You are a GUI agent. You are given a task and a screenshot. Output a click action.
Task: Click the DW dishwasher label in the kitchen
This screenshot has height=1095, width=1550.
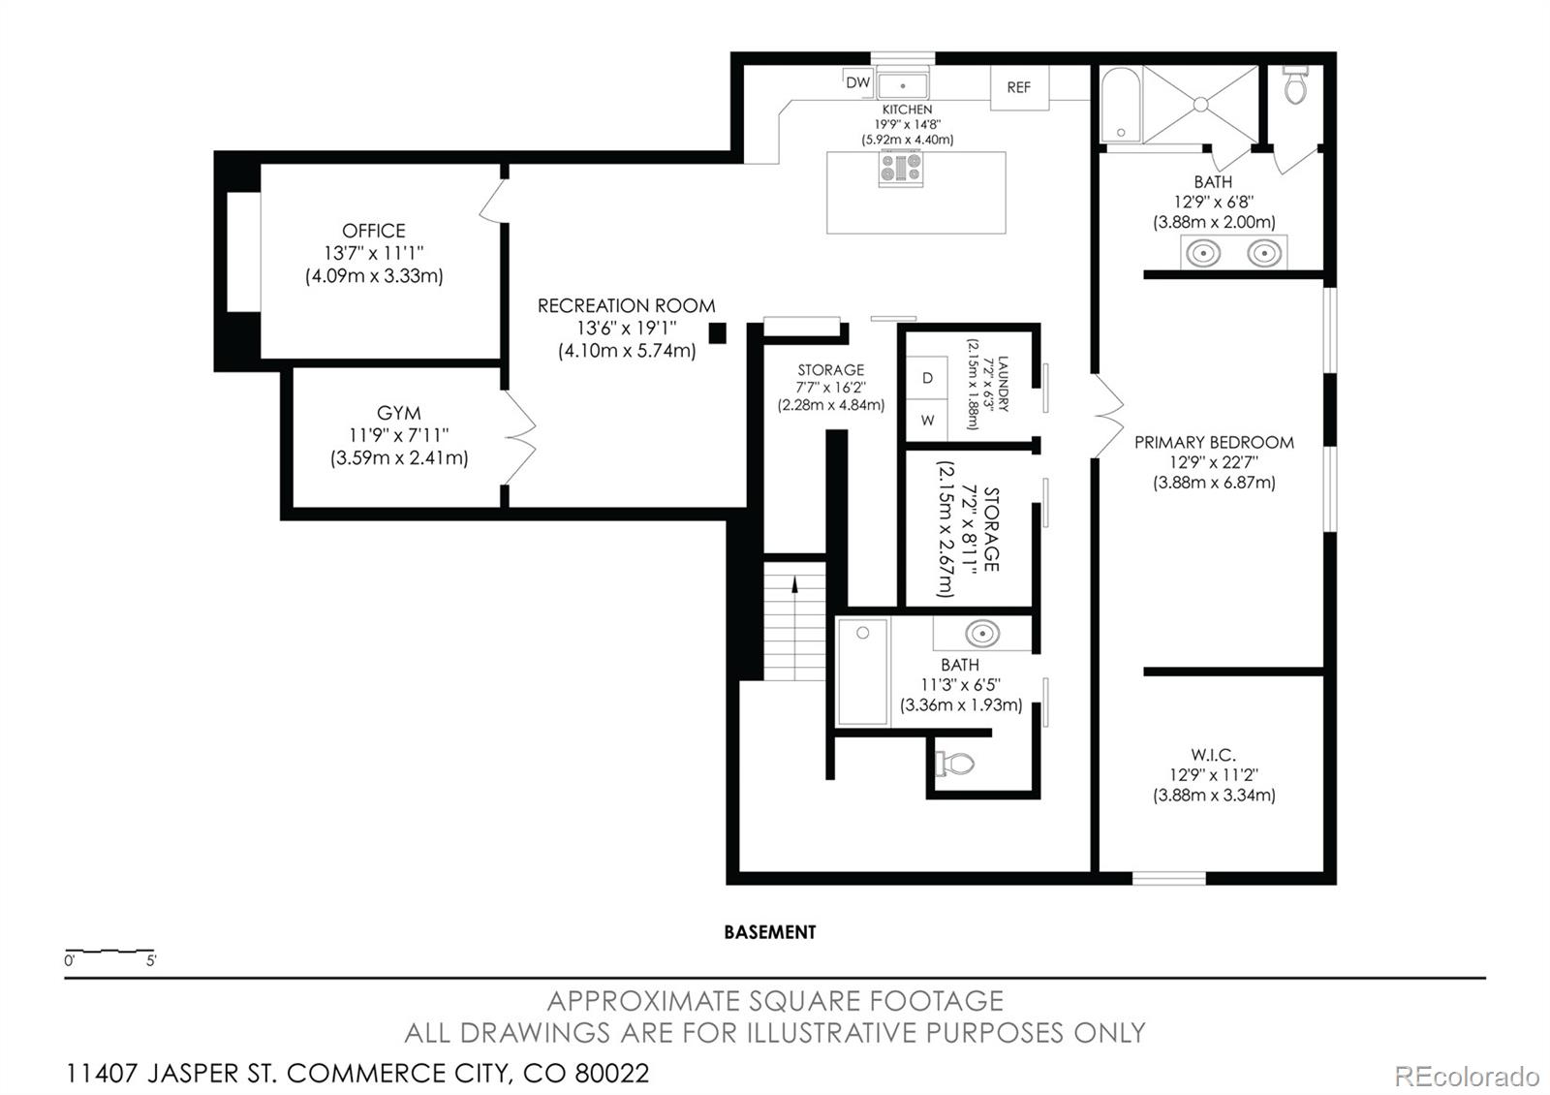click(857, 82)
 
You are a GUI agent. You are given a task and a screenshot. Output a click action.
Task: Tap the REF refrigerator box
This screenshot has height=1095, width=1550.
click(1019, 87)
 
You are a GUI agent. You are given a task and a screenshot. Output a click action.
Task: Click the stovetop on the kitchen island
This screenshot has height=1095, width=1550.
click(900, 168)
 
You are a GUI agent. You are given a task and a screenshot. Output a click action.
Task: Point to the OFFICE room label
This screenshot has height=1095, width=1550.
click(374, 231)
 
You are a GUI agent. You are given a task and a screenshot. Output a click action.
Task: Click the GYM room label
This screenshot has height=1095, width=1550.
click(398, 413)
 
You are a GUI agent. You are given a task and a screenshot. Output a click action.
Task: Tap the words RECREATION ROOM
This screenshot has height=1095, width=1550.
click(626, 306)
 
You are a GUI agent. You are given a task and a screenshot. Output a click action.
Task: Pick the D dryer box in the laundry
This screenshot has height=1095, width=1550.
click(927, 378)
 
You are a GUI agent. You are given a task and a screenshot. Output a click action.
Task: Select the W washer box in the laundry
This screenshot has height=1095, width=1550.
click(927, 421)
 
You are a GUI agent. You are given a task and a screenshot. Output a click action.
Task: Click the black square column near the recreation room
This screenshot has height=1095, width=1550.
click(718, 333)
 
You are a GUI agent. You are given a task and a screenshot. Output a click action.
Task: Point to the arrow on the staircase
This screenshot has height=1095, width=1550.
click(795, 584)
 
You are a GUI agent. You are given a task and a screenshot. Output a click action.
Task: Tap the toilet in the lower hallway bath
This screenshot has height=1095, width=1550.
click(955, 764)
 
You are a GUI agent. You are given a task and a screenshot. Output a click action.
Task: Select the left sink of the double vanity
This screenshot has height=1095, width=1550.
click(1202, 253)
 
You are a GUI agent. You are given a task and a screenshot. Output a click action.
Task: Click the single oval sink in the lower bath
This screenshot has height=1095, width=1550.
click(982, 634)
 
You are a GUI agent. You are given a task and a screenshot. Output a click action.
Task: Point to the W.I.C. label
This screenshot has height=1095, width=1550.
click(1213, 755)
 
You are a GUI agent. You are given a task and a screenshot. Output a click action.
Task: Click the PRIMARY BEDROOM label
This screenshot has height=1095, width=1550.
click(1214, 442)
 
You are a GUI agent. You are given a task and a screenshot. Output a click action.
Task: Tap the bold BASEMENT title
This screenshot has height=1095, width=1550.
click(770, 932)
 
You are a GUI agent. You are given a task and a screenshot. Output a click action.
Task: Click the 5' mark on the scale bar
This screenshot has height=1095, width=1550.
click(151, 960)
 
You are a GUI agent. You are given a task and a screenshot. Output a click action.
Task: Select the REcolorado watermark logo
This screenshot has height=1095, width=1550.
click(1467, 1077)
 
